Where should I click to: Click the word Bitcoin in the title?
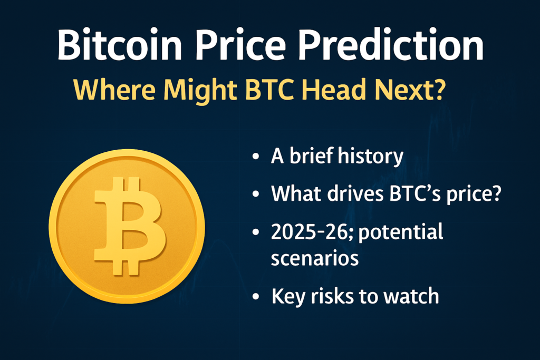pyautogui.click(x=119, y=45)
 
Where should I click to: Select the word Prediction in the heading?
pyautogui.click(x=391, y=45)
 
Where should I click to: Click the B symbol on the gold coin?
pyautogui.click(x=129, y=226)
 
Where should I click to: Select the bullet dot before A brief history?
pyautogui.click(x=256, y=157)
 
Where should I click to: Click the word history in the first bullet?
pyautogui.click(x=371, y=157)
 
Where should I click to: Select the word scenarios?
pyautogui.click(x=315, y=258)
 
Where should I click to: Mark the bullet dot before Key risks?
pyautogui.click(x=256, y=296)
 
